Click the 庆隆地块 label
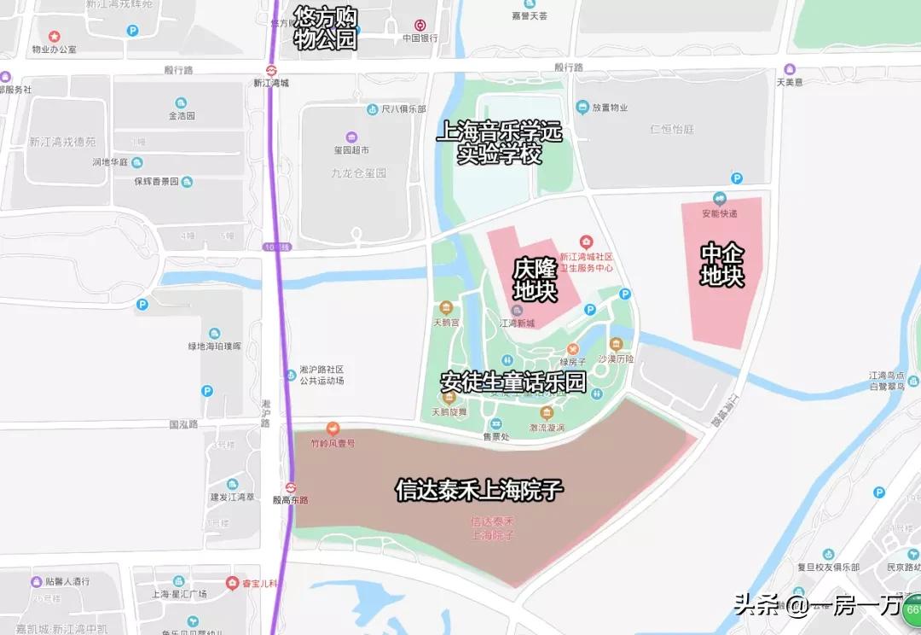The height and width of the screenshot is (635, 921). [x=535, y=280]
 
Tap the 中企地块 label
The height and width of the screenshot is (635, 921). [x=721, y=265]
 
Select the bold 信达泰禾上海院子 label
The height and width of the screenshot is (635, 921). [x=479, y=490]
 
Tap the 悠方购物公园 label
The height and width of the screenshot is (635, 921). [x=325, y=29]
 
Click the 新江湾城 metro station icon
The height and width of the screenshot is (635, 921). [x=271, y=70]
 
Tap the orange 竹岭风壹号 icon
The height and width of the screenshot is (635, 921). [x=333, y=429]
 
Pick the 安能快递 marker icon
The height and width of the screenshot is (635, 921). [x=719, y=199]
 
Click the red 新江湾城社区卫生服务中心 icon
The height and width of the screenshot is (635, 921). [x=586, y=242]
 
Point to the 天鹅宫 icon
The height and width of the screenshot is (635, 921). [x=445, y=308]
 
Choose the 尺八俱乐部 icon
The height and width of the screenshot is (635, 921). [x=373, y=109]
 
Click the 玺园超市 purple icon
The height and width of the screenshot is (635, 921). [x=350, y=137]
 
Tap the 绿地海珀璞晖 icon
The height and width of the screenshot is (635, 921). [x=214, y=333]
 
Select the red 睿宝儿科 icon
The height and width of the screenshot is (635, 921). [x=232, y=582]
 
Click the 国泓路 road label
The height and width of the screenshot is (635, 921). [x=183, y=424]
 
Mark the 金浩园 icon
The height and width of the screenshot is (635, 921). [x=181, y=102]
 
